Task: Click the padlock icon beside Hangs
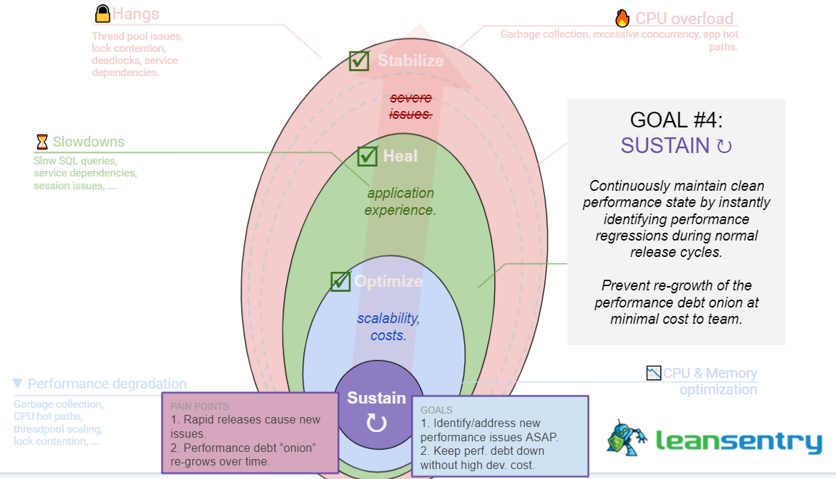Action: (x=103, y=14)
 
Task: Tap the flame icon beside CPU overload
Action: (x=622, y=19)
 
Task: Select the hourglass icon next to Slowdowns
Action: (x=42, y=142)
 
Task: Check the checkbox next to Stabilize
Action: (x=359, y=60)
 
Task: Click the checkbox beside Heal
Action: (x=367, y=156)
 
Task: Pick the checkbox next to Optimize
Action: (x=341, y=281)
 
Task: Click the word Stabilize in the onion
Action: (x=410, y=60)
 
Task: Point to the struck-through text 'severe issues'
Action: (x=410, y=106)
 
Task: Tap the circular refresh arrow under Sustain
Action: (x=376, y=423)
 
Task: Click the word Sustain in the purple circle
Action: (x=376, y=399)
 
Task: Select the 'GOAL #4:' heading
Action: (x=675, y=120)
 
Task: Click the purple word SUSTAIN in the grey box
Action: (x=664, y=146)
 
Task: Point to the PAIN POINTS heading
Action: (x=199, y=406)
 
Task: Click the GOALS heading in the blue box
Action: (x=436, y=411)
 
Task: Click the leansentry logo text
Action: (x=738, y=442)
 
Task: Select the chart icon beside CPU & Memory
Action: (x=654, y=372)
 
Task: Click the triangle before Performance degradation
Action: (x=18, y=384)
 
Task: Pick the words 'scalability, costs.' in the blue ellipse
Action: (x=388, y=326)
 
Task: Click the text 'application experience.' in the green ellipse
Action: (x=400, y=201)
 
